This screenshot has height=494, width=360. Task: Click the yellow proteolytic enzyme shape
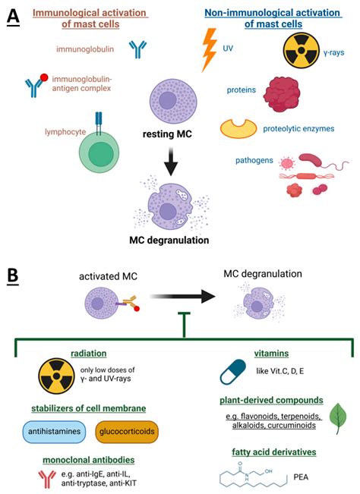(x=238, y=131)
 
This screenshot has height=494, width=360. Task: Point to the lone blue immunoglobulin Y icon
(x=137, y=49)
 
